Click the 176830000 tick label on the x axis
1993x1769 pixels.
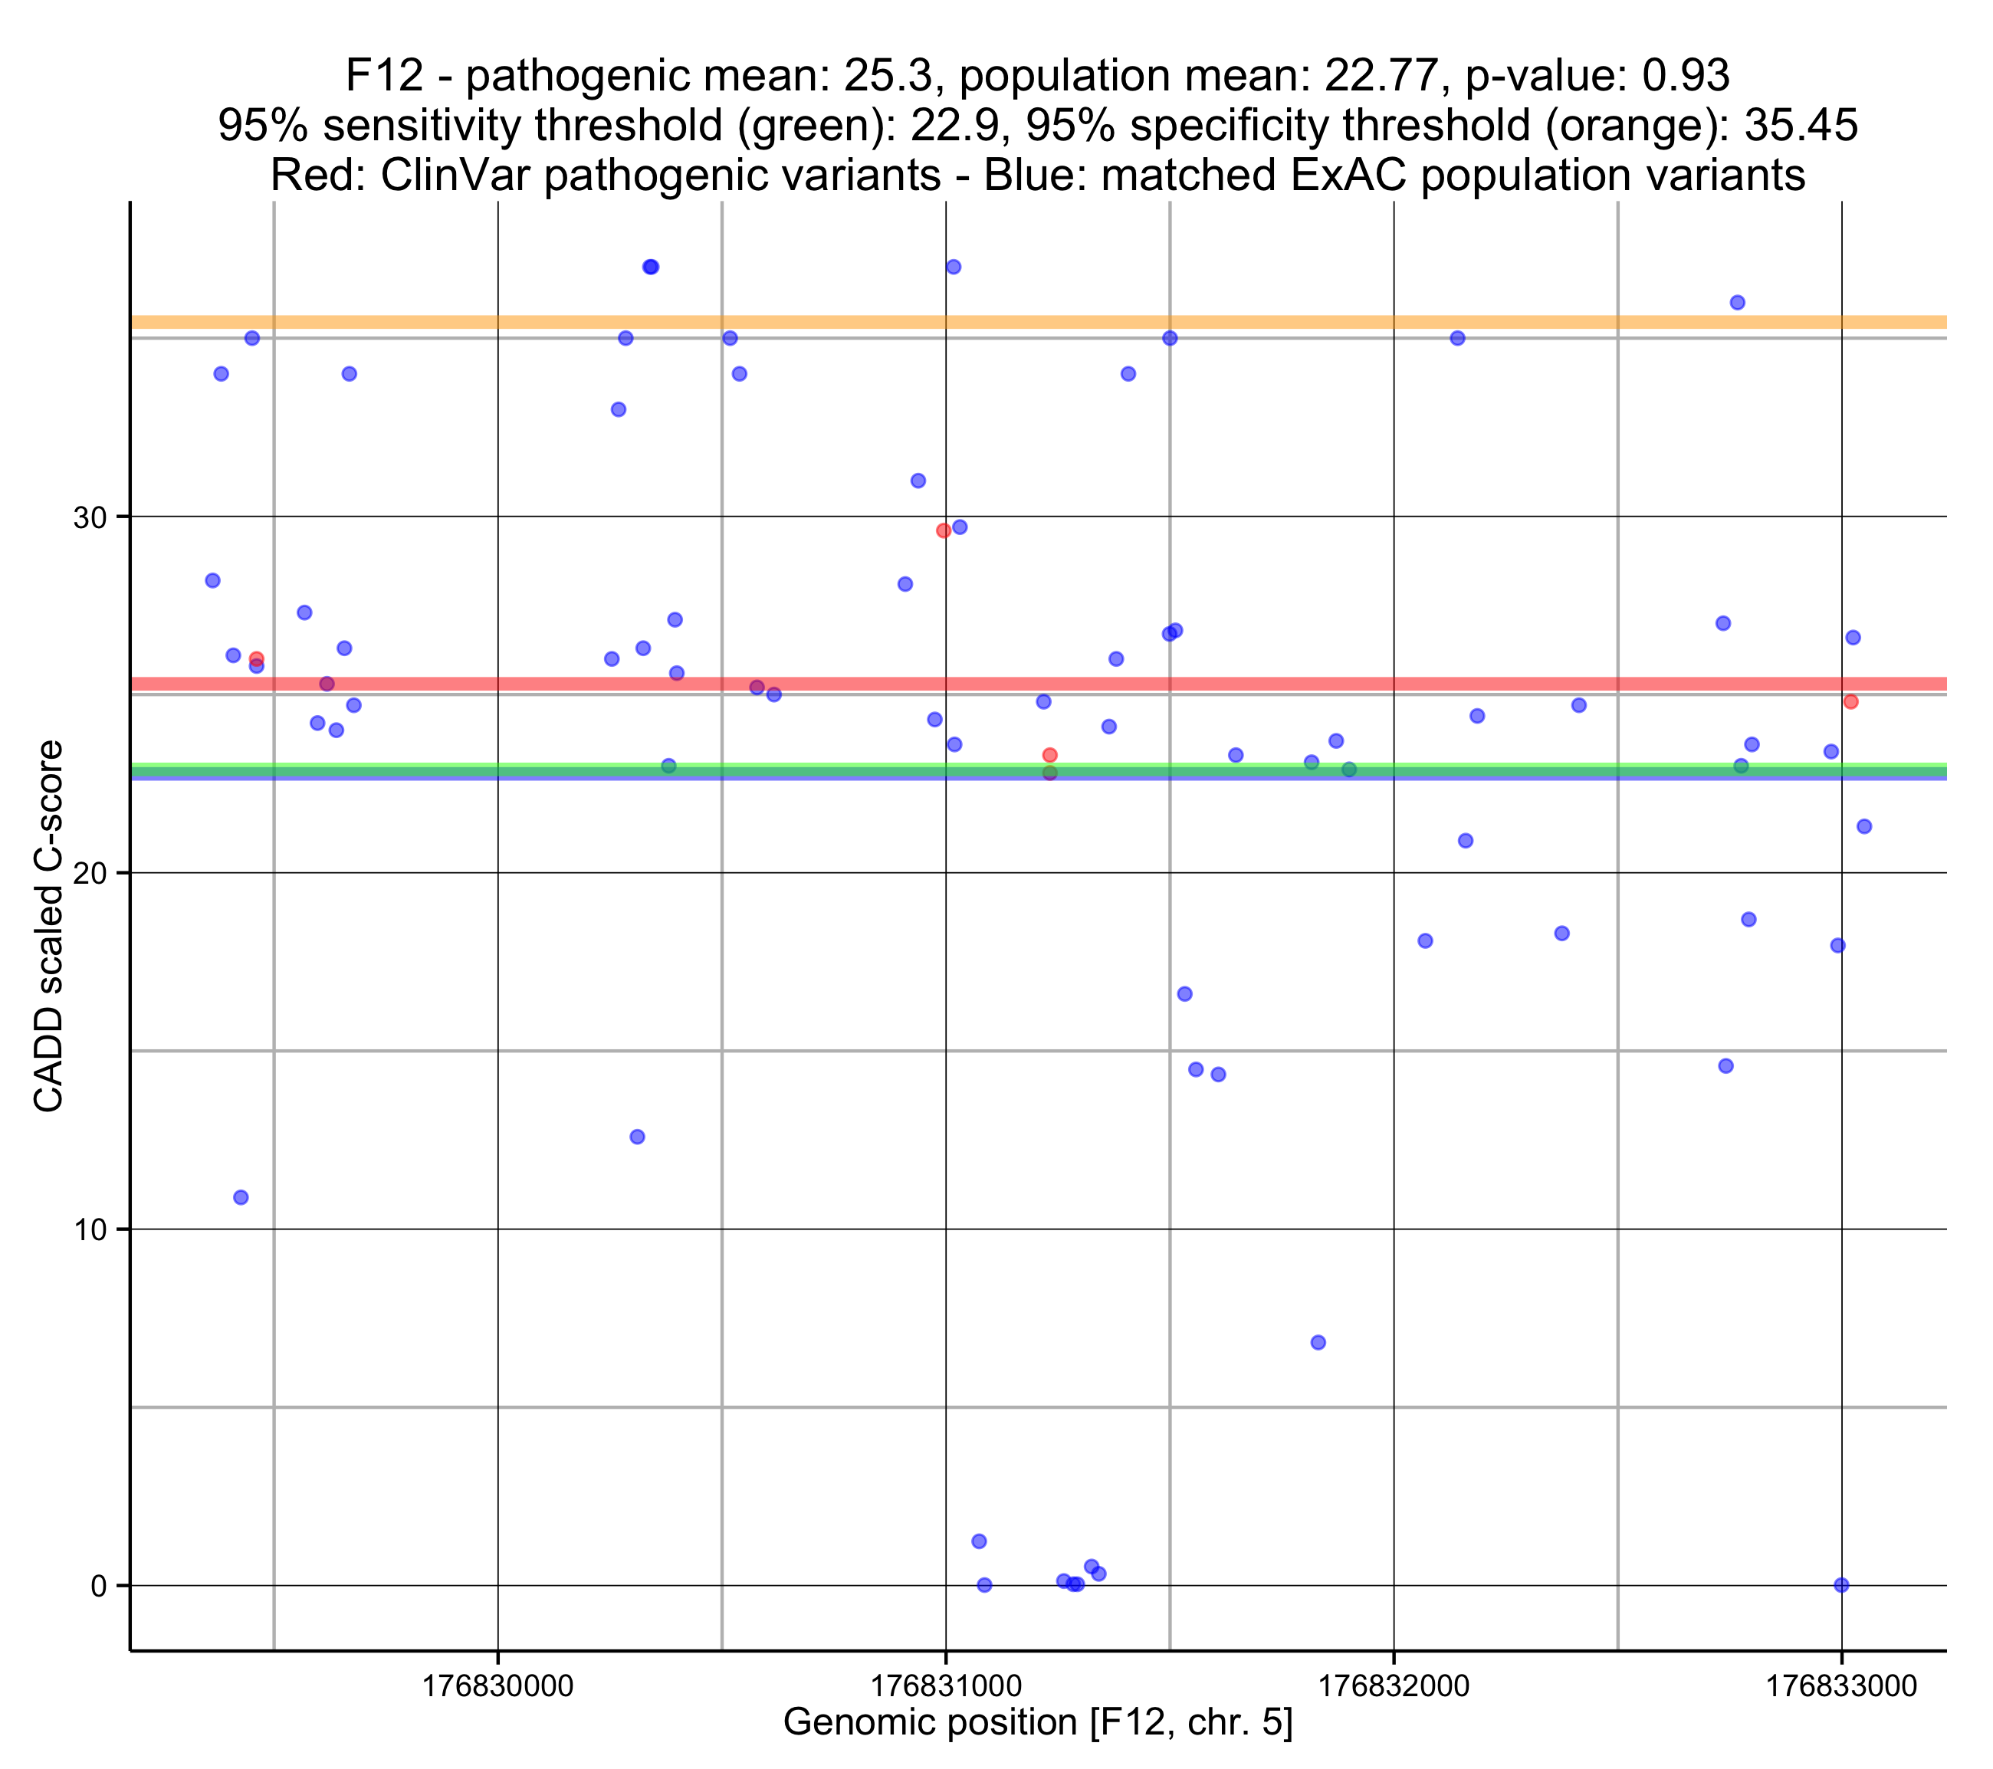[497, 1685]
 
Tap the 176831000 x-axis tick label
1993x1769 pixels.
[946, 1685]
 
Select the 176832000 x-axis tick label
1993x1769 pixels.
[1394, 1685]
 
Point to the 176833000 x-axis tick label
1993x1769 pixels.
[1841, 1685]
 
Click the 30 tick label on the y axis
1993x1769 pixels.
[89, 518]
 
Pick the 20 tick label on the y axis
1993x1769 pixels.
[89, 874]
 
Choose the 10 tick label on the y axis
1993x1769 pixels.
[89, 1229]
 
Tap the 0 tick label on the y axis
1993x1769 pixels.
[97, 1586]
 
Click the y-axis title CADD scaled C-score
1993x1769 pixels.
[49, 927]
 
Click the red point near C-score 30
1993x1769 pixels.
[943, 530]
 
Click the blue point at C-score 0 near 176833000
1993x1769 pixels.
[1841, 1585]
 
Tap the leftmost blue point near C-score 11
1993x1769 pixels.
[241, 1197]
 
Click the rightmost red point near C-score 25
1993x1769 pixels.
[1850, 702]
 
